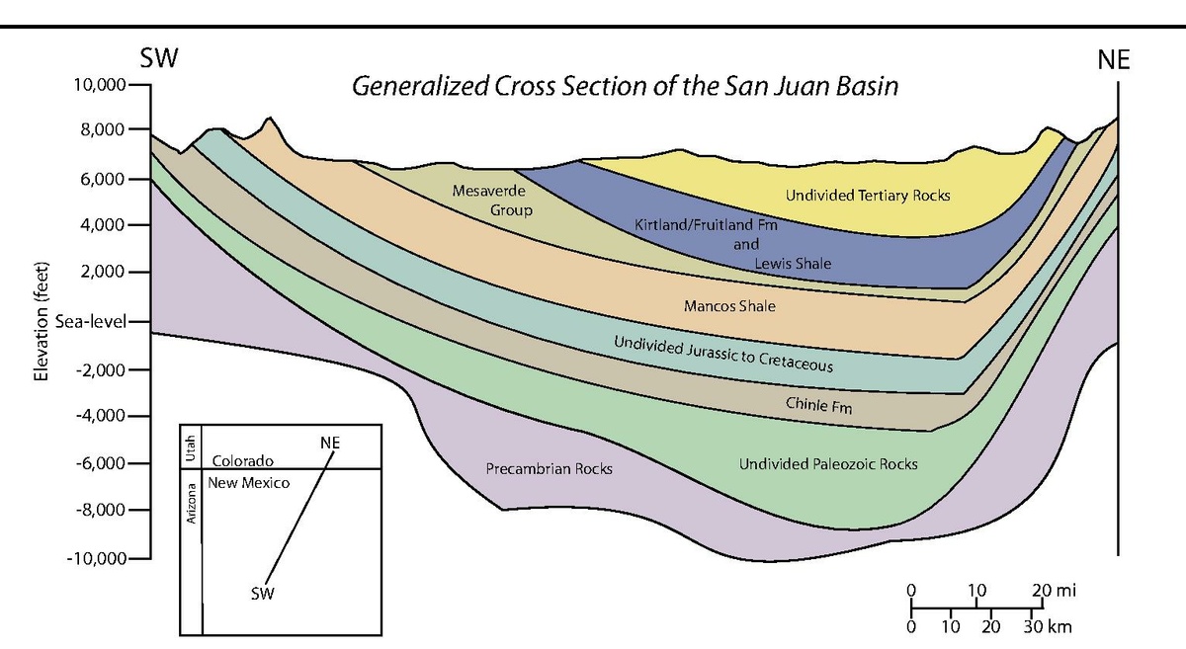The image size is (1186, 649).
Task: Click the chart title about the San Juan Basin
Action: pos(626,86)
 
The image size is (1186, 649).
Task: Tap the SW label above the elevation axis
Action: pos(159,58)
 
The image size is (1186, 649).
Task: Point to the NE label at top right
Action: pos(1113,61)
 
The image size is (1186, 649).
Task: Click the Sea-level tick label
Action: pos(93,323)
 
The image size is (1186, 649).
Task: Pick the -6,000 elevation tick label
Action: pos(99,463)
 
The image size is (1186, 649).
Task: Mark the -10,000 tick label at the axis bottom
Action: pos(96,558)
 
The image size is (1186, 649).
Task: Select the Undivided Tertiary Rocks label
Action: pos(868,196)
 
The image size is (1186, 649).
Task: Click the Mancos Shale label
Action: pos(729,306)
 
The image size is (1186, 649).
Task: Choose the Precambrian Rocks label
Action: pos(549,468)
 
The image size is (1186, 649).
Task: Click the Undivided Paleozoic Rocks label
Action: pos(828,463)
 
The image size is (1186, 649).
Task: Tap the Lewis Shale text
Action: pos(792,263)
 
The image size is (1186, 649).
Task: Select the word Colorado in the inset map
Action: pos(242,460)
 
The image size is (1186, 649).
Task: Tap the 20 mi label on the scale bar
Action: pos(1052,591)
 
